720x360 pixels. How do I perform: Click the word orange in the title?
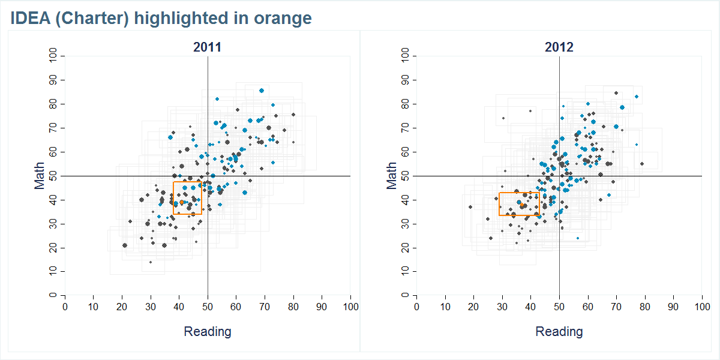286,18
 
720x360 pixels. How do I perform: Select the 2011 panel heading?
207,47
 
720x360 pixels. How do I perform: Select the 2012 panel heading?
559,47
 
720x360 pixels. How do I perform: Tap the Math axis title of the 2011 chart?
40,176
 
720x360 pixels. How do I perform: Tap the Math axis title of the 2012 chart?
392,176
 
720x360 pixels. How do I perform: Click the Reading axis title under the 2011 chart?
207,331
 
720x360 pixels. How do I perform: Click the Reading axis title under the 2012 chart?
559,331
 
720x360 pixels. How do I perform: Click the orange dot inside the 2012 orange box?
523,206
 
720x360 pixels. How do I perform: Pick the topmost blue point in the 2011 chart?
262,91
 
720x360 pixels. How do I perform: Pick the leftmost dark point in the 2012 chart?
470,207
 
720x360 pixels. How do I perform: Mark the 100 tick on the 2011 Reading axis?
350,307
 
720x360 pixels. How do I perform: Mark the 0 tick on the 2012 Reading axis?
416,307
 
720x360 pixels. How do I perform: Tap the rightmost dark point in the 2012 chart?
641,164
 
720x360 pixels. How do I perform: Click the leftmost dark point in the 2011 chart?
125,245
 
